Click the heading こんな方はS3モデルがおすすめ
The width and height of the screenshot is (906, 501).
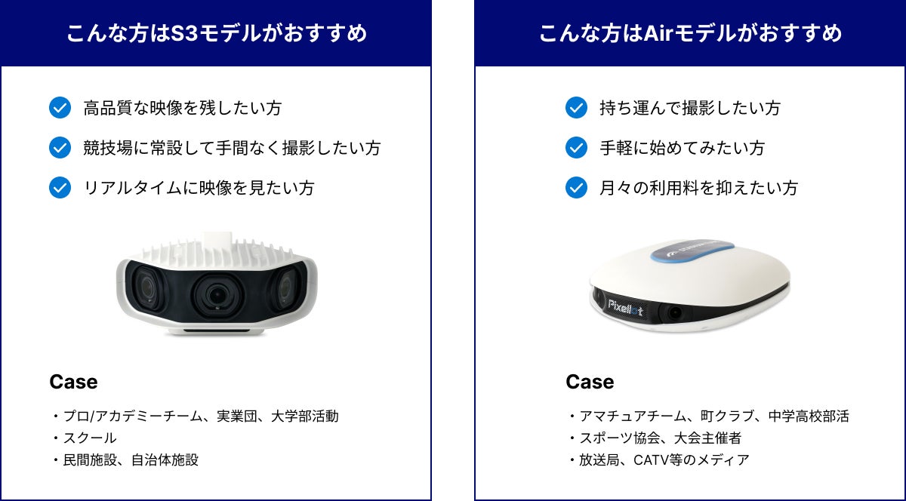[216, 33]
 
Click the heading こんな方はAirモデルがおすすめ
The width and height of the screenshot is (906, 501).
[690, 33]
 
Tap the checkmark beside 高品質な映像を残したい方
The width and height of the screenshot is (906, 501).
[60, 108]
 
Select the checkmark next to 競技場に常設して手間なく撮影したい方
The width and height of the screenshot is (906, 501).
[60, 148]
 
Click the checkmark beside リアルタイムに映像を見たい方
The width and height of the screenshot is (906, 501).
[60, 187]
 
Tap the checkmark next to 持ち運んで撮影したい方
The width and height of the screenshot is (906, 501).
[576, 108]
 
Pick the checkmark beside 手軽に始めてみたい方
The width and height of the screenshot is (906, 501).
[576, 148]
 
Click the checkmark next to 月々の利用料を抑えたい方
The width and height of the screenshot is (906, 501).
[576, 187]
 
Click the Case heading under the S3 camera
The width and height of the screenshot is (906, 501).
[73, 382]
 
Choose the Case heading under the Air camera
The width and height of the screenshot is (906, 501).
[590, 382]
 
